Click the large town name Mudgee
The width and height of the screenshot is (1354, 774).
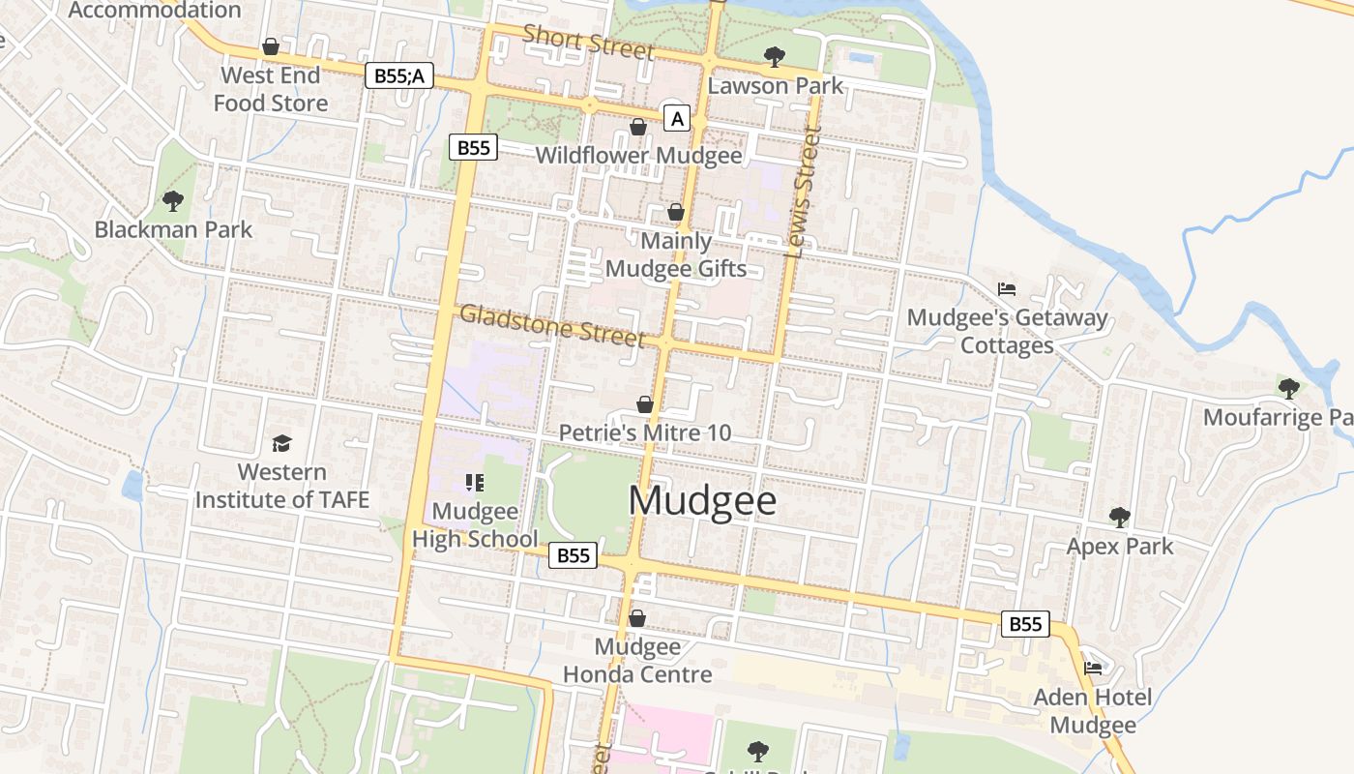[702, 500]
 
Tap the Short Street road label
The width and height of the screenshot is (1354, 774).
[588, 42]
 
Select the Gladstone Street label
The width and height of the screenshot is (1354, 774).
[551, 325]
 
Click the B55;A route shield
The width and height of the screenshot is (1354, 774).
[399, 75]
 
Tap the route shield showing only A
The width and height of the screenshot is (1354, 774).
[677, 119]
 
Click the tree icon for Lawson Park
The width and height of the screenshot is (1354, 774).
[774, 56]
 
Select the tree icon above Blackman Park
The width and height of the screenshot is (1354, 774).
[173, 201]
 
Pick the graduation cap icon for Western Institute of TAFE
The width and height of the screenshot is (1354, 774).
[281, 443]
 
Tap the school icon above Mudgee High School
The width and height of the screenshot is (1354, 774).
[474, 482]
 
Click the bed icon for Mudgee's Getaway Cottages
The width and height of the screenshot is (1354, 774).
[1007, 288]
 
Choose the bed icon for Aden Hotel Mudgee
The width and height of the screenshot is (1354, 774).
[1093, 668]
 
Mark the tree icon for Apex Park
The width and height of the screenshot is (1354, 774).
[1119, 517]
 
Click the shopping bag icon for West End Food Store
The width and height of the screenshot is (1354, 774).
[271, 46]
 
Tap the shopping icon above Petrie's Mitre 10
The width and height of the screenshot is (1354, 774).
[645, 403]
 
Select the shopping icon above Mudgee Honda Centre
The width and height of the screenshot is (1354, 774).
[637, 617]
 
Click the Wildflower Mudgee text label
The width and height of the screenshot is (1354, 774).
[638, 156]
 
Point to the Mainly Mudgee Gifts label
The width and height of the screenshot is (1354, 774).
[677, 255]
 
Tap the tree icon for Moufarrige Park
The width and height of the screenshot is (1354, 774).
[1288, 388]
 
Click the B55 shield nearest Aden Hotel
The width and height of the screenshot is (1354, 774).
[1025, 624]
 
